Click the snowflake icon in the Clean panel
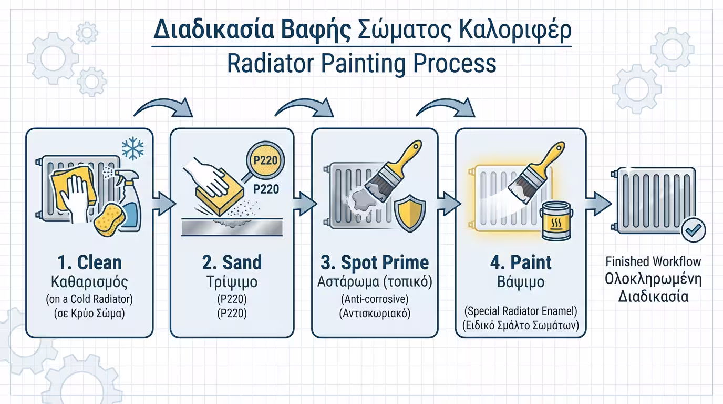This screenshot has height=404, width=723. point(132,149)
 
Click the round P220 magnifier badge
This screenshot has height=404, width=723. point(265,160)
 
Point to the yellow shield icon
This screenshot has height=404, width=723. point(410,214)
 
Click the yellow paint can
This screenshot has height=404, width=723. point(556,220)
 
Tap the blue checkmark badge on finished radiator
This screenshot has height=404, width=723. point(693,230)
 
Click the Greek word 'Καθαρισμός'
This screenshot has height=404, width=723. point(89,282)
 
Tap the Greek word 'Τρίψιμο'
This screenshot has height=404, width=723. point(232,282)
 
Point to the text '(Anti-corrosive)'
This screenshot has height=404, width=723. point(375,299)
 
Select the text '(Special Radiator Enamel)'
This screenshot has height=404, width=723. point(521,311)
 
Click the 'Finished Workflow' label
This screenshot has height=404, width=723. point(653,261)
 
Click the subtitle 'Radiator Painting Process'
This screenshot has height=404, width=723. point(361,64)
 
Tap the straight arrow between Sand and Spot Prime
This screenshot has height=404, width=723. point(304,204)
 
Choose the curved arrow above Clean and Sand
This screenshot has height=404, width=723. point(163,107)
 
